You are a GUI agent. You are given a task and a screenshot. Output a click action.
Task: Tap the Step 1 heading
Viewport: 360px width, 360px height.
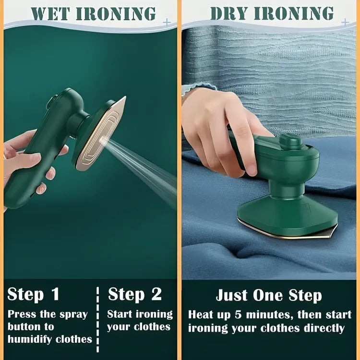pyautogui.click(x=33, y=294)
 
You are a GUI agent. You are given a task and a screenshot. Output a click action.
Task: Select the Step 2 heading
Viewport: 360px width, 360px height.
pyautogui.click(x=135, y=294)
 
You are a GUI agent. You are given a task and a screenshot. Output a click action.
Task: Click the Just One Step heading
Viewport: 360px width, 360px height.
pyautogui.click(x=268, y=295)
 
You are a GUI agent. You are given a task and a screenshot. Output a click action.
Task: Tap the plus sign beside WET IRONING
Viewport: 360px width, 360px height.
pyautogui.click(x=166, y=22)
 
